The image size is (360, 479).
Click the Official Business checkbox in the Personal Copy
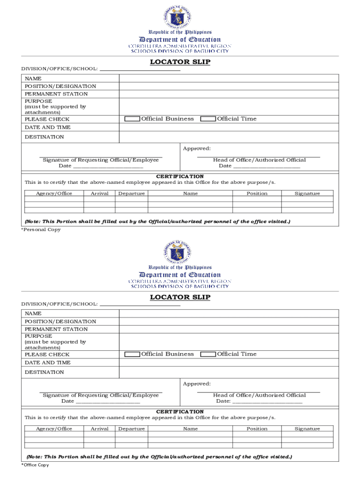132,119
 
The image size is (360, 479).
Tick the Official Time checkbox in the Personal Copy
208,119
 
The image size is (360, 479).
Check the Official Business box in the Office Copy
132,354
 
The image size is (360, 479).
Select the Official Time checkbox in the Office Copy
208,354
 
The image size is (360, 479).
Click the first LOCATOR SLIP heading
180,62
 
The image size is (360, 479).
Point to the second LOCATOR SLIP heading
180,297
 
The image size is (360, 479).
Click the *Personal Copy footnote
41,230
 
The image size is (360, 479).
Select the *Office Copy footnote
35,465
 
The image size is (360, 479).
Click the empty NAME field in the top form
229,79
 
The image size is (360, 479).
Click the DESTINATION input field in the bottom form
229,372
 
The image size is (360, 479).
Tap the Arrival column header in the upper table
99,194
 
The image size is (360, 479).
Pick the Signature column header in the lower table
307,429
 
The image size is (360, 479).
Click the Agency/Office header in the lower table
54,429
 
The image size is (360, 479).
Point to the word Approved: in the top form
197,149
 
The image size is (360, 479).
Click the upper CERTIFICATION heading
180,176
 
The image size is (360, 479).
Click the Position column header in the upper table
257,194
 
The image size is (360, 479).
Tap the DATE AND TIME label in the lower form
48,363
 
